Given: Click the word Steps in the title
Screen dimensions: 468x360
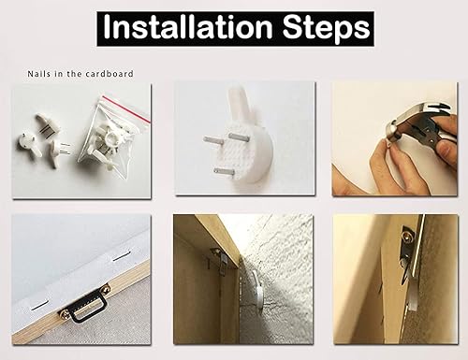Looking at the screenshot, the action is coord(327,29).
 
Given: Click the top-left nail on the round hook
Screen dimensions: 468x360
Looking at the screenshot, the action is coord(212,140).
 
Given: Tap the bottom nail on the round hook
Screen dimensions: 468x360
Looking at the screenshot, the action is coord(224,171).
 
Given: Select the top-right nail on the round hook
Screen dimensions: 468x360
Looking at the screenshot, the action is coord(239,137).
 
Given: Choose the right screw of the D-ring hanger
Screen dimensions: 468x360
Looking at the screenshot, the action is coord(105,288).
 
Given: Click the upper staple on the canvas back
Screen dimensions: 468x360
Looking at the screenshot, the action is coord(119,258).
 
